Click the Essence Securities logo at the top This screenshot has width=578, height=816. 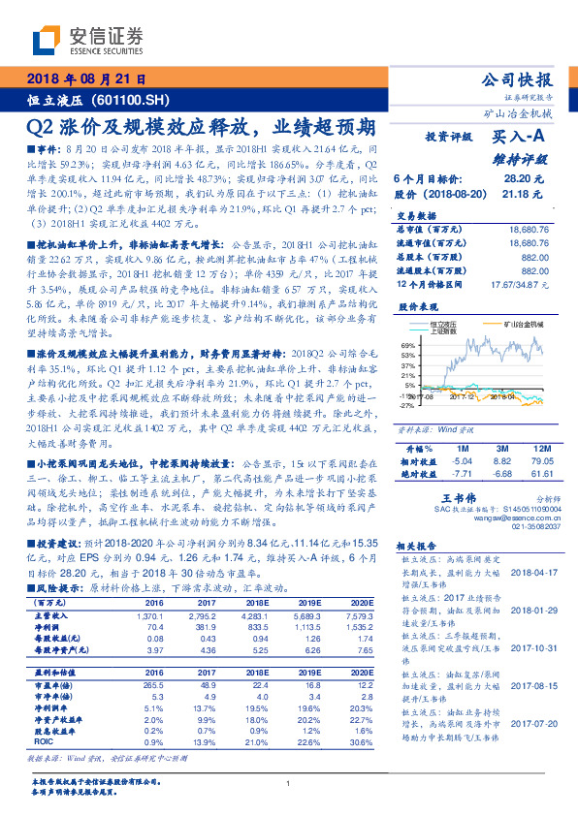(x=87, y=40)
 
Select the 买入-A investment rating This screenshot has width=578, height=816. (x=520, y=138)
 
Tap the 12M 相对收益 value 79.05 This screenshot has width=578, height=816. (x=532, y=463)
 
